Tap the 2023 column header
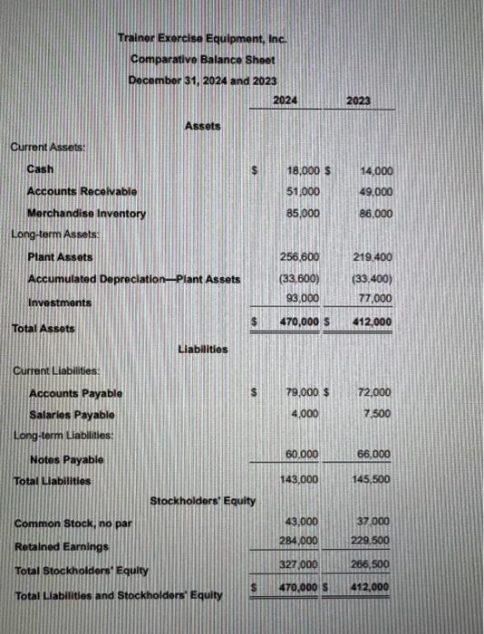(358, 101)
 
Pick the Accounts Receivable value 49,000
(376, 192)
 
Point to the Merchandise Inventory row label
(86, 214)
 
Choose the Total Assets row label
(43, 328)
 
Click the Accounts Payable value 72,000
(375, 392)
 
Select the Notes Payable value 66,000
(376, 454)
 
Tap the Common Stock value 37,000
(376, 523)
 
